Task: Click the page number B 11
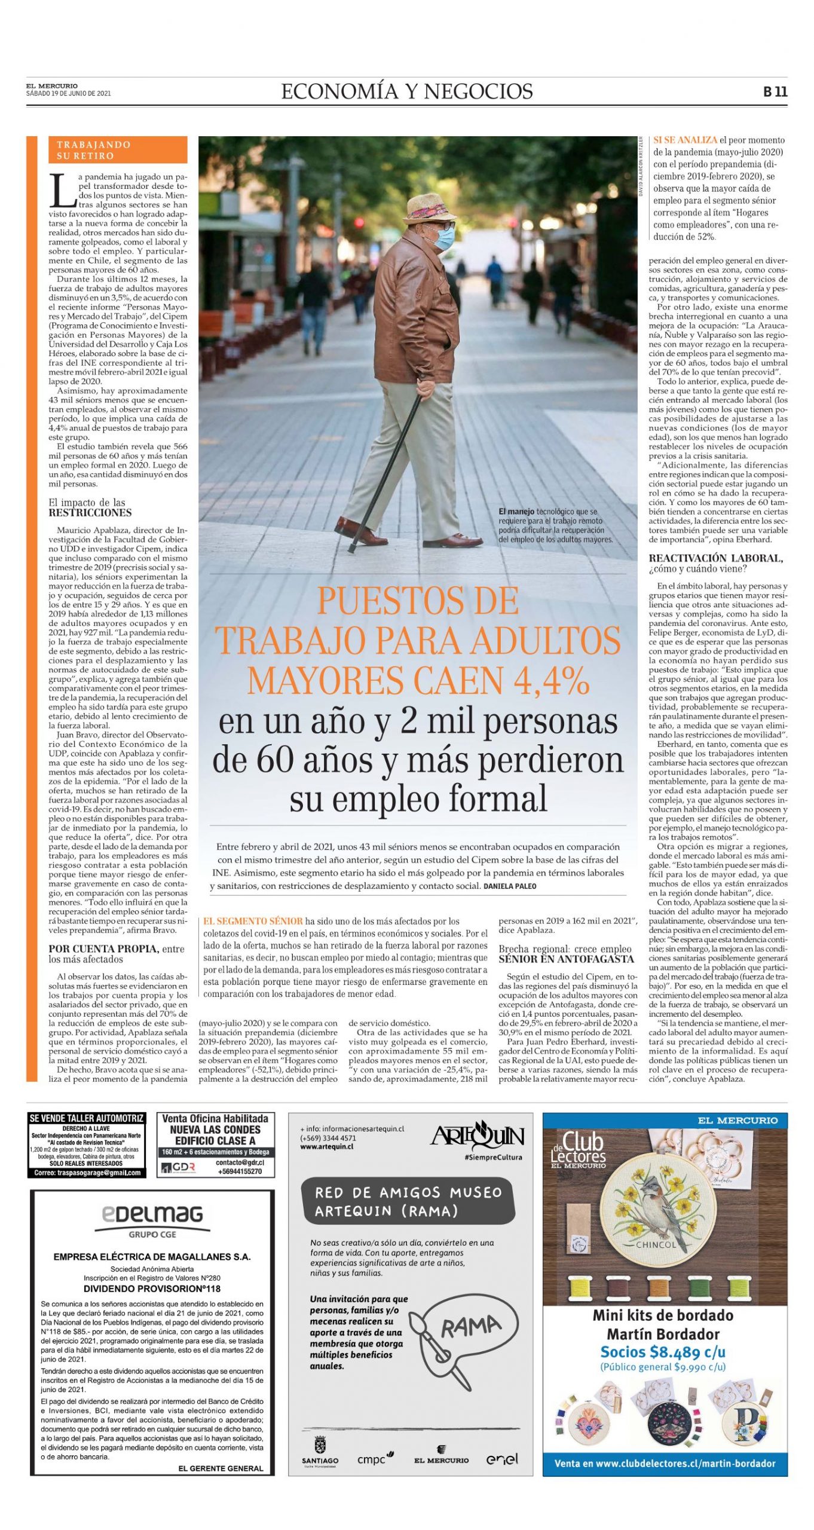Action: (x=775, y=91)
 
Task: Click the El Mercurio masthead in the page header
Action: (x=51, y=86)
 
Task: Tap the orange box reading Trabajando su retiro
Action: (x=118, y=150)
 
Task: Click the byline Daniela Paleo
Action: (x=510, y=886)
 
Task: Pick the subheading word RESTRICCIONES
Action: (x=90, y=513)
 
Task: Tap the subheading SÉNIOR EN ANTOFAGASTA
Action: (x=566, y=959)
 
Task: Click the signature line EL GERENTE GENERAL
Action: (x=221, y=1468)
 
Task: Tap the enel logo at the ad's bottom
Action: (x=501, y=1458)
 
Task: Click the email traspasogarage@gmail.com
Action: (x=87, y=1172)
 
